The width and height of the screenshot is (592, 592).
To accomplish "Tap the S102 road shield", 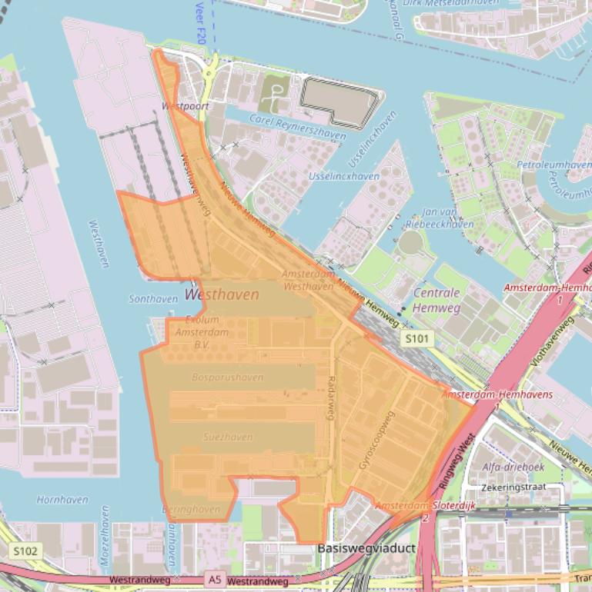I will coord(25,550).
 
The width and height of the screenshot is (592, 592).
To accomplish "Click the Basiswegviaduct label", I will coord(356,549).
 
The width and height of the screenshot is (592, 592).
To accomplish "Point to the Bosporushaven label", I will coord(228,377).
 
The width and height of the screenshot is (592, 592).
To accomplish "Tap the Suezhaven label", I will coord(227,437).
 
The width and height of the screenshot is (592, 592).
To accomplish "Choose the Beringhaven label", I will coord(191,509).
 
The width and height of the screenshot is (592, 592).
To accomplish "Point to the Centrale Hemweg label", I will coord(437,300).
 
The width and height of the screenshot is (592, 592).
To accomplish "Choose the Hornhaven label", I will coord(62,499).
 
